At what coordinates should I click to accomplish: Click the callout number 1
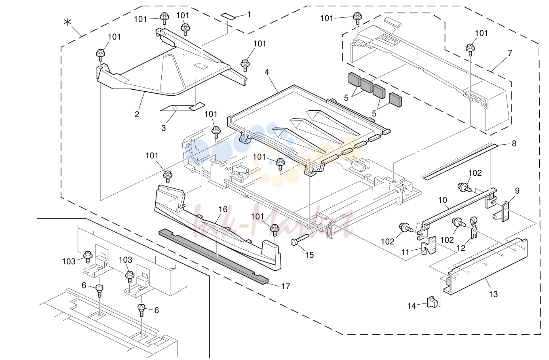(249, 15)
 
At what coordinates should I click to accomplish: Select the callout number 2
(137, 114)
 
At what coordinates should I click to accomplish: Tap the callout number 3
(163, 128)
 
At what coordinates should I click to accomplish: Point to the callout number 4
(267, 72)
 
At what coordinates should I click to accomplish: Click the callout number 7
(510, 53)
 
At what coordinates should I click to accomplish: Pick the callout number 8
(514, 143)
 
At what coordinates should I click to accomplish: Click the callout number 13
(493, 294)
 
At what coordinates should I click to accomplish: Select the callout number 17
(285, 286)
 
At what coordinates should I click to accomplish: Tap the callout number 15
(309, 255)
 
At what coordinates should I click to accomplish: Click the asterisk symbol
(68, 22)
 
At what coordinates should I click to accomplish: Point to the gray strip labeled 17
(213, 257)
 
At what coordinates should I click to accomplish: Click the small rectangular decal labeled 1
(228, 17)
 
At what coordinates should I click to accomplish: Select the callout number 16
(223, 209)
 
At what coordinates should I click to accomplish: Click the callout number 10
(443, 200)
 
